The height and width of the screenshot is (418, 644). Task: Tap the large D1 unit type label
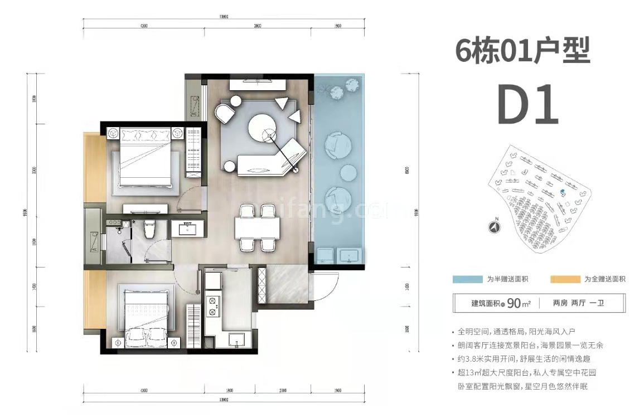[x=527, y=104]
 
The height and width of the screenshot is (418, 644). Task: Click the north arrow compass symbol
[x=493, y=227]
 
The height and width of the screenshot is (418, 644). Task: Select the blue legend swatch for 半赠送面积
[x=467, y=279]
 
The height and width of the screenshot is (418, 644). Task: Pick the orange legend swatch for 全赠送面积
[x=564, y=279]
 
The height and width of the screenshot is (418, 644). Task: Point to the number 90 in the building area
[x=514, y=304]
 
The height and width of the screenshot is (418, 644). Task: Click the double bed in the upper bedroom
[x=145, y=159]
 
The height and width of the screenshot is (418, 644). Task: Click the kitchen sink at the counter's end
[x=233, y=339]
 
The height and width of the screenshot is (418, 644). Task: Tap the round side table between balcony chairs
[x=348, y=172]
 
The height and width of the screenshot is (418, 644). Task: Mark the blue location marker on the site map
[x=562, y=191]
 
